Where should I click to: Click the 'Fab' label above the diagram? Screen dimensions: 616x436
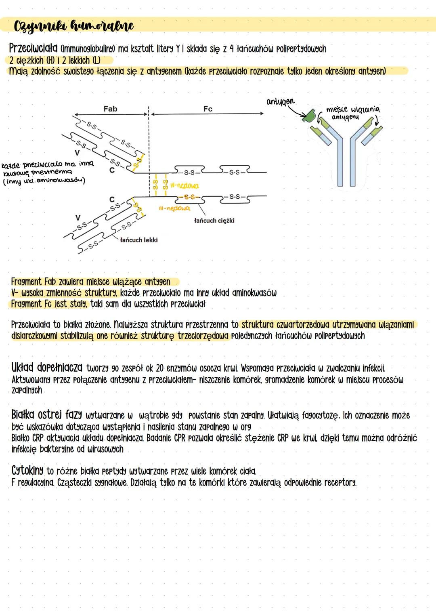[x=110, y=109]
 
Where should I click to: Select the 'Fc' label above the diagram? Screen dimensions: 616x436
[x=208, y=109]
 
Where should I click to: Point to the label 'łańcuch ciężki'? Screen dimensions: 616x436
[x=214, y=221]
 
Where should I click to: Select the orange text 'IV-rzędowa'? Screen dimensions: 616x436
[x=184, y=186]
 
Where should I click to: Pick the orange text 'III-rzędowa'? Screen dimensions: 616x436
[x=174, y=208]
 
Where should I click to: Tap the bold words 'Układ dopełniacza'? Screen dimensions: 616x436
[x=46, y=368]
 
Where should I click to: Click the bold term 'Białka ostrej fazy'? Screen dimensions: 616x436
[x=46, y=415]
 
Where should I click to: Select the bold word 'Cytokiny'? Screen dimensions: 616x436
[x=27, y=471]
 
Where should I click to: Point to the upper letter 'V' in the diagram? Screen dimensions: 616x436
[x=77, y=153]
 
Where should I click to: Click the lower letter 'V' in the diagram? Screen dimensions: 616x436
[x=78, y=218]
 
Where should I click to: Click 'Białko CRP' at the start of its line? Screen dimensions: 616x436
[x=27, y=438]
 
